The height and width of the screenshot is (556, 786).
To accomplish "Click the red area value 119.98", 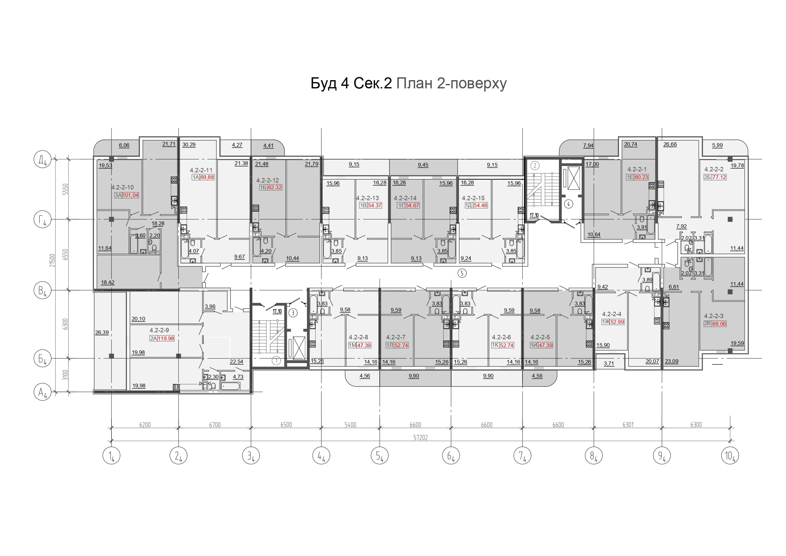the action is [166, 338].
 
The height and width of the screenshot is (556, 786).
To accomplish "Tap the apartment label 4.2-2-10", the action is [123, 187].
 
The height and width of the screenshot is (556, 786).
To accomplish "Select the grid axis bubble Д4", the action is [42, 160].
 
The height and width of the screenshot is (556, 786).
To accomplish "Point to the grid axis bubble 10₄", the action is [730, 456].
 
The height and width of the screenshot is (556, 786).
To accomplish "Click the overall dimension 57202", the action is [420, 438].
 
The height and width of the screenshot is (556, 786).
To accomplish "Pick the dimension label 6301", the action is [628, 425].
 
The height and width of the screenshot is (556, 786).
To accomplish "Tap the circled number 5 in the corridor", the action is [462, 273].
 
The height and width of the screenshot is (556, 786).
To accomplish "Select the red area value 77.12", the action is [719, 177].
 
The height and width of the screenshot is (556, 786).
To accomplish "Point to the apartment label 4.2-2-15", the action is [473, 198].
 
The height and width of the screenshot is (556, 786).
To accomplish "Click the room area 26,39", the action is [102, 332].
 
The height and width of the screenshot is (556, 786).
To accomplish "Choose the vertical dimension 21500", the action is [52, 260].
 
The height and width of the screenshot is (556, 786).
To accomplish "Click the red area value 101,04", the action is [130, 195].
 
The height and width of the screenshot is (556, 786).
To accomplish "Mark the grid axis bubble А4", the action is [42, 392].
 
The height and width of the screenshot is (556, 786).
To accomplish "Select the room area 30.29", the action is [189, 144].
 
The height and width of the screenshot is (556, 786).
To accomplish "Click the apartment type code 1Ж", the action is [606, 322].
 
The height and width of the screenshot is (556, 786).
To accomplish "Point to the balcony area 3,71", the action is [609, 363].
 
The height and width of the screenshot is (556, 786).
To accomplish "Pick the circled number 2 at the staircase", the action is [535, 166].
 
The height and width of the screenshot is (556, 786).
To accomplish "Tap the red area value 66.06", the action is [719, 324].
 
